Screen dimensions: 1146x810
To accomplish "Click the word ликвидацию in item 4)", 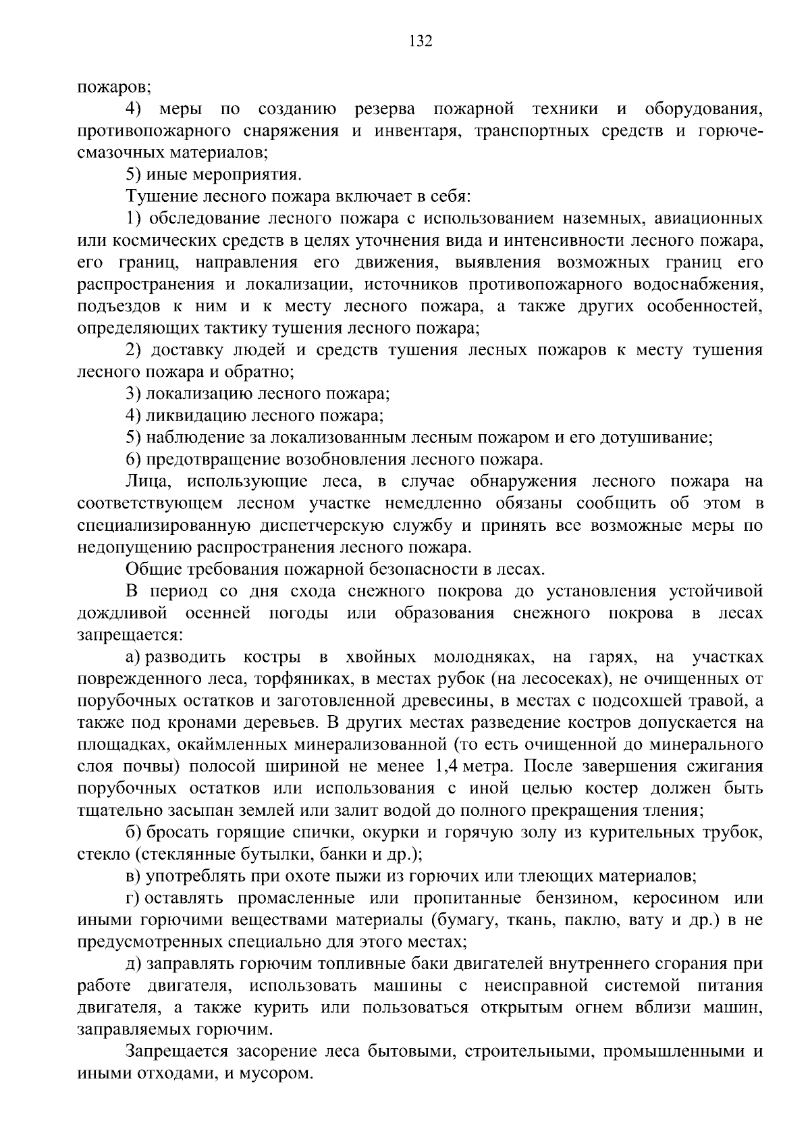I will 196,416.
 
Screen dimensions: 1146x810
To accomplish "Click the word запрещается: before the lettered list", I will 128,635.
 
